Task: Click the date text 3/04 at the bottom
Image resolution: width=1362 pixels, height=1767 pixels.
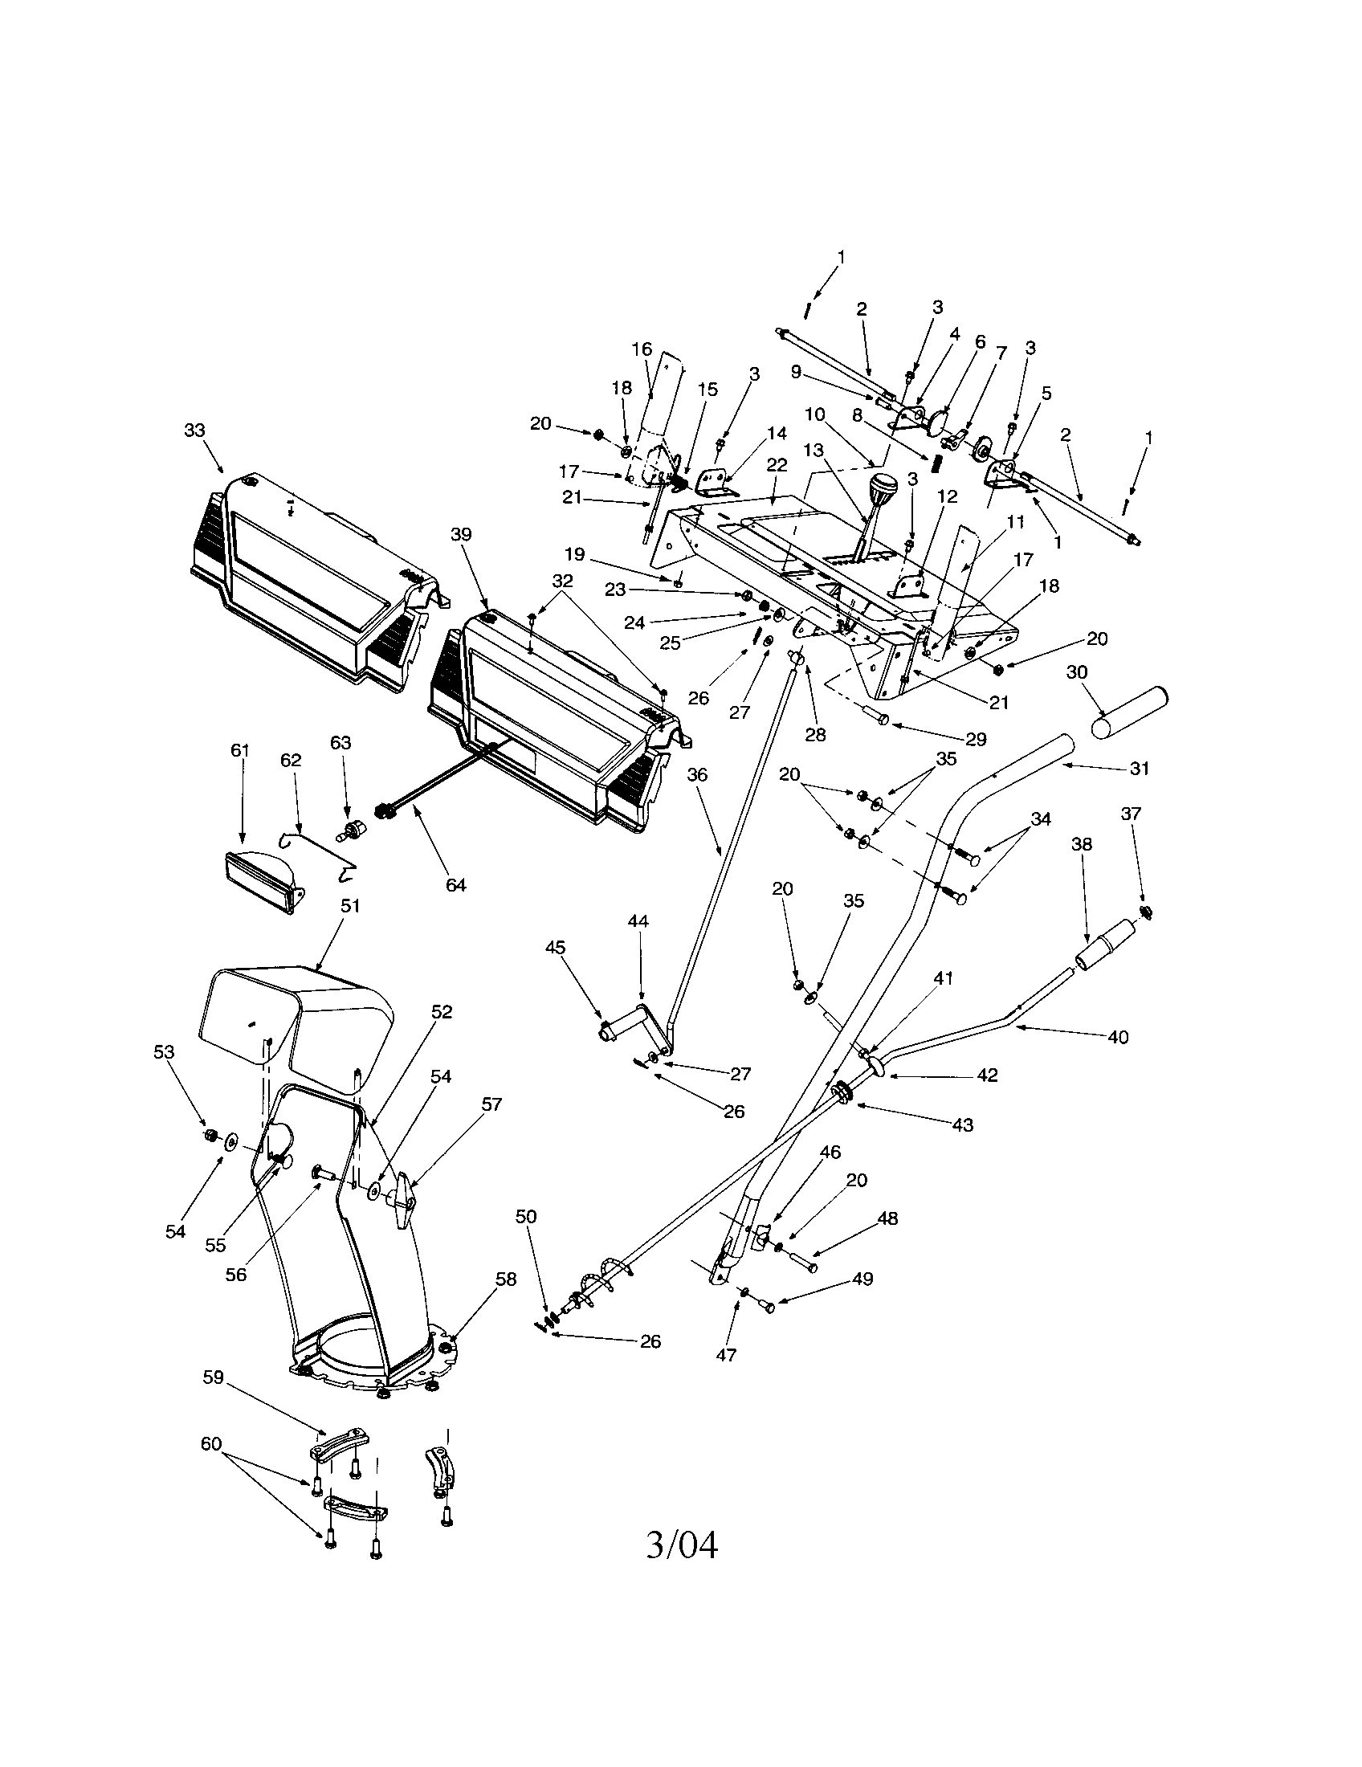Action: click(681, 1544)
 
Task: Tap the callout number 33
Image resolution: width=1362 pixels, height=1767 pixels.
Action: click(195, 431)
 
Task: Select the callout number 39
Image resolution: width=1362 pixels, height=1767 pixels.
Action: click(461, 535)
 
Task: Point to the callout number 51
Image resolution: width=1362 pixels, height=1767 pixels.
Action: click(350, 906)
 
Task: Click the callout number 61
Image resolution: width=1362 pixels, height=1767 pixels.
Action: click(240, 750)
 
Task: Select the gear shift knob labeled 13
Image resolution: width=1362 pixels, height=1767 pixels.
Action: click(883, 488)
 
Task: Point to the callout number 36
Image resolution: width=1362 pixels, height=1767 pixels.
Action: click(697, 774)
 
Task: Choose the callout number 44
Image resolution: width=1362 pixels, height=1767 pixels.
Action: click(638, 920)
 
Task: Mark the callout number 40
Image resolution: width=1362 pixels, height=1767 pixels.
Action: click(1117, 1036)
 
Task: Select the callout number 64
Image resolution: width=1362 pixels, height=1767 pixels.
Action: click(456, 885)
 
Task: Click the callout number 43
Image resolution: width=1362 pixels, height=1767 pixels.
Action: click(962, 1124)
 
